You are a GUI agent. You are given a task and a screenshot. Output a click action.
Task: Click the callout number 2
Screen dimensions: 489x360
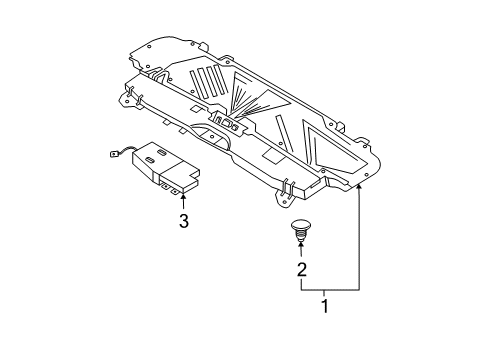(x=300, y=269)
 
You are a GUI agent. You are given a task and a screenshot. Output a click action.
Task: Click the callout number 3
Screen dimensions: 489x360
(x=183, y=221)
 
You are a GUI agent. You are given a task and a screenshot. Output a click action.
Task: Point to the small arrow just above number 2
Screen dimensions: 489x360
(x=300, y=245)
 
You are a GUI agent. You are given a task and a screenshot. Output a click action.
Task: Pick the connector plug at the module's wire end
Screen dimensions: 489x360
(x=114, y=154)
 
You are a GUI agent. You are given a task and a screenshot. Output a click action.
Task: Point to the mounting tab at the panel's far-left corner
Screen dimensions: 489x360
(x=129, y=97)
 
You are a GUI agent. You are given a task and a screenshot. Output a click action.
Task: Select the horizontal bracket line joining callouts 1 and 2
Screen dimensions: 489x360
(x=329, y=288)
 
